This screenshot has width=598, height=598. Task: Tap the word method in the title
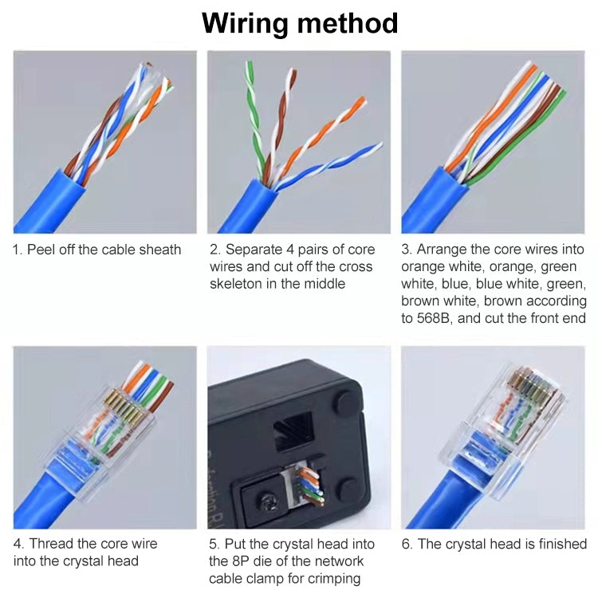pos(347,23)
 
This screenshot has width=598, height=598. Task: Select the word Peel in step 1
pos(41,250)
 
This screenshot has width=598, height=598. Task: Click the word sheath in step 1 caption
pos(159,250)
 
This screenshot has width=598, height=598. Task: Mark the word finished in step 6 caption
pos(559,544)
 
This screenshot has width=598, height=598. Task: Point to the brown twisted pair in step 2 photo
pos(280,120)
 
